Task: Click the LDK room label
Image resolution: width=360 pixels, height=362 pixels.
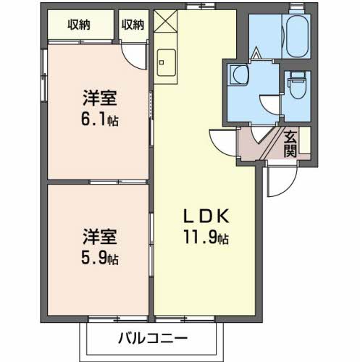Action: pos(206,216)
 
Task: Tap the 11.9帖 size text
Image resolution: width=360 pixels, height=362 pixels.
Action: pos(206,237)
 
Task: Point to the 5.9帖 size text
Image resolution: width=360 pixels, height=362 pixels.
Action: pos(99,258)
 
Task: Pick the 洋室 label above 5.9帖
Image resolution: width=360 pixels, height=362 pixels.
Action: pos(99,237)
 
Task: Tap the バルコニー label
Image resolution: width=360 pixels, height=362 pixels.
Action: pos(152,338)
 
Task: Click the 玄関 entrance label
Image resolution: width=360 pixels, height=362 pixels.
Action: pos(290,143)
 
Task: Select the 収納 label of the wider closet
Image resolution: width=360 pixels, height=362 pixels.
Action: pos(80,25)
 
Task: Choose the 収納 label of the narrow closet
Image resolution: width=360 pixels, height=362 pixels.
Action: pos(133,25)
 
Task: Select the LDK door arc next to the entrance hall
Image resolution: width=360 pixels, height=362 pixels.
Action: pos(220,139)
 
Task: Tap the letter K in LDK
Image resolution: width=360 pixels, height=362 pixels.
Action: pos(223,216)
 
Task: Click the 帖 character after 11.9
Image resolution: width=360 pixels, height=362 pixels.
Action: pos(226,239)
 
